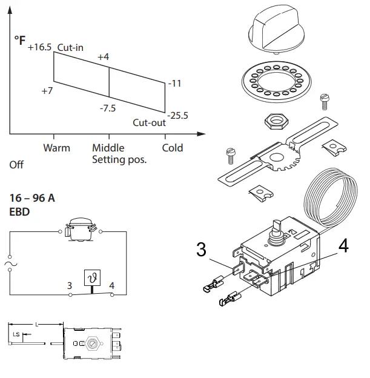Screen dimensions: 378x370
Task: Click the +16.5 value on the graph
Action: [40, 47]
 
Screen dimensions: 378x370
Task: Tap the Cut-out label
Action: [149, 122]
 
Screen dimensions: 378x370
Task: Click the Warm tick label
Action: [56, 148]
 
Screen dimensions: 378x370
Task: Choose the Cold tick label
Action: [173, 148]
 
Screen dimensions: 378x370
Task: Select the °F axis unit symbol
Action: [19, 40]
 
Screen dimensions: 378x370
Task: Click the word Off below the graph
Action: [16, 165]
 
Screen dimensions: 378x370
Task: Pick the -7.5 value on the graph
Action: [108, 108]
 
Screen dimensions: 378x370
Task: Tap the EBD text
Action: [21, 212]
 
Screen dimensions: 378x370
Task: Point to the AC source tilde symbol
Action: [10, 264]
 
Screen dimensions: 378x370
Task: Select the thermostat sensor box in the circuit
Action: [93, 277]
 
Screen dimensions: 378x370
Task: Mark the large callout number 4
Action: [342, 247]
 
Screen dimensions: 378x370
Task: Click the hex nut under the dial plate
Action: [276, 121]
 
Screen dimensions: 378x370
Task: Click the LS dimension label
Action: [16, 334]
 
